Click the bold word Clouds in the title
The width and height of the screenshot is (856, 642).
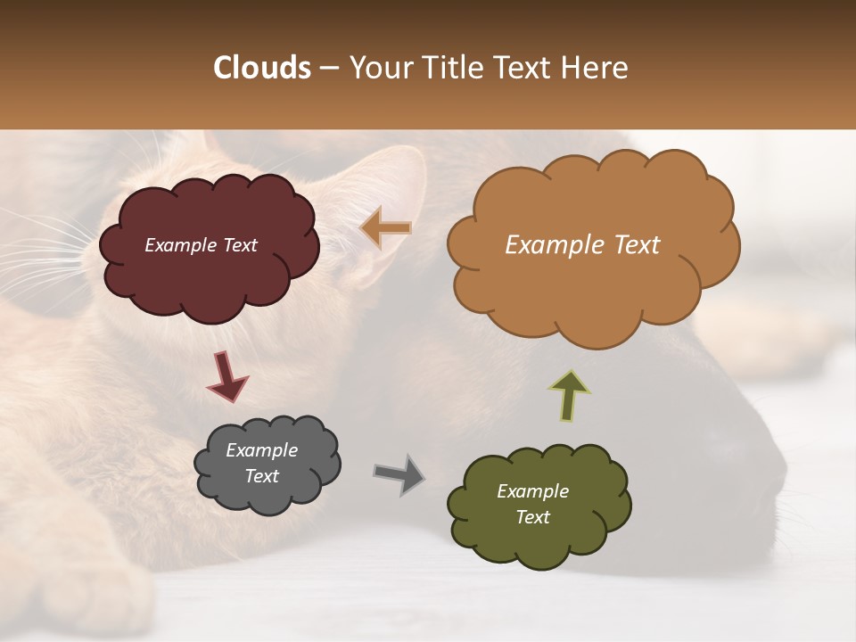[x=262, y=68]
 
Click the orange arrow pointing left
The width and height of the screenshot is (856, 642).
[x=386, y=228]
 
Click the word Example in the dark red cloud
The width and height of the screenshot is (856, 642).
[x=180, y=245]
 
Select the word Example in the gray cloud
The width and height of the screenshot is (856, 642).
[x=261, y=450]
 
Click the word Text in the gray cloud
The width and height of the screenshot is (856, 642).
[x=261, y=476]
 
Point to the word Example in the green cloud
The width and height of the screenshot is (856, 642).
[x=532, y=491]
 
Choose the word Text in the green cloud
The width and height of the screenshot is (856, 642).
[x=532, y=517]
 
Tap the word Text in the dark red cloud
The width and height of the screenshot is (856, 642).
[x=240, y=245]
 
